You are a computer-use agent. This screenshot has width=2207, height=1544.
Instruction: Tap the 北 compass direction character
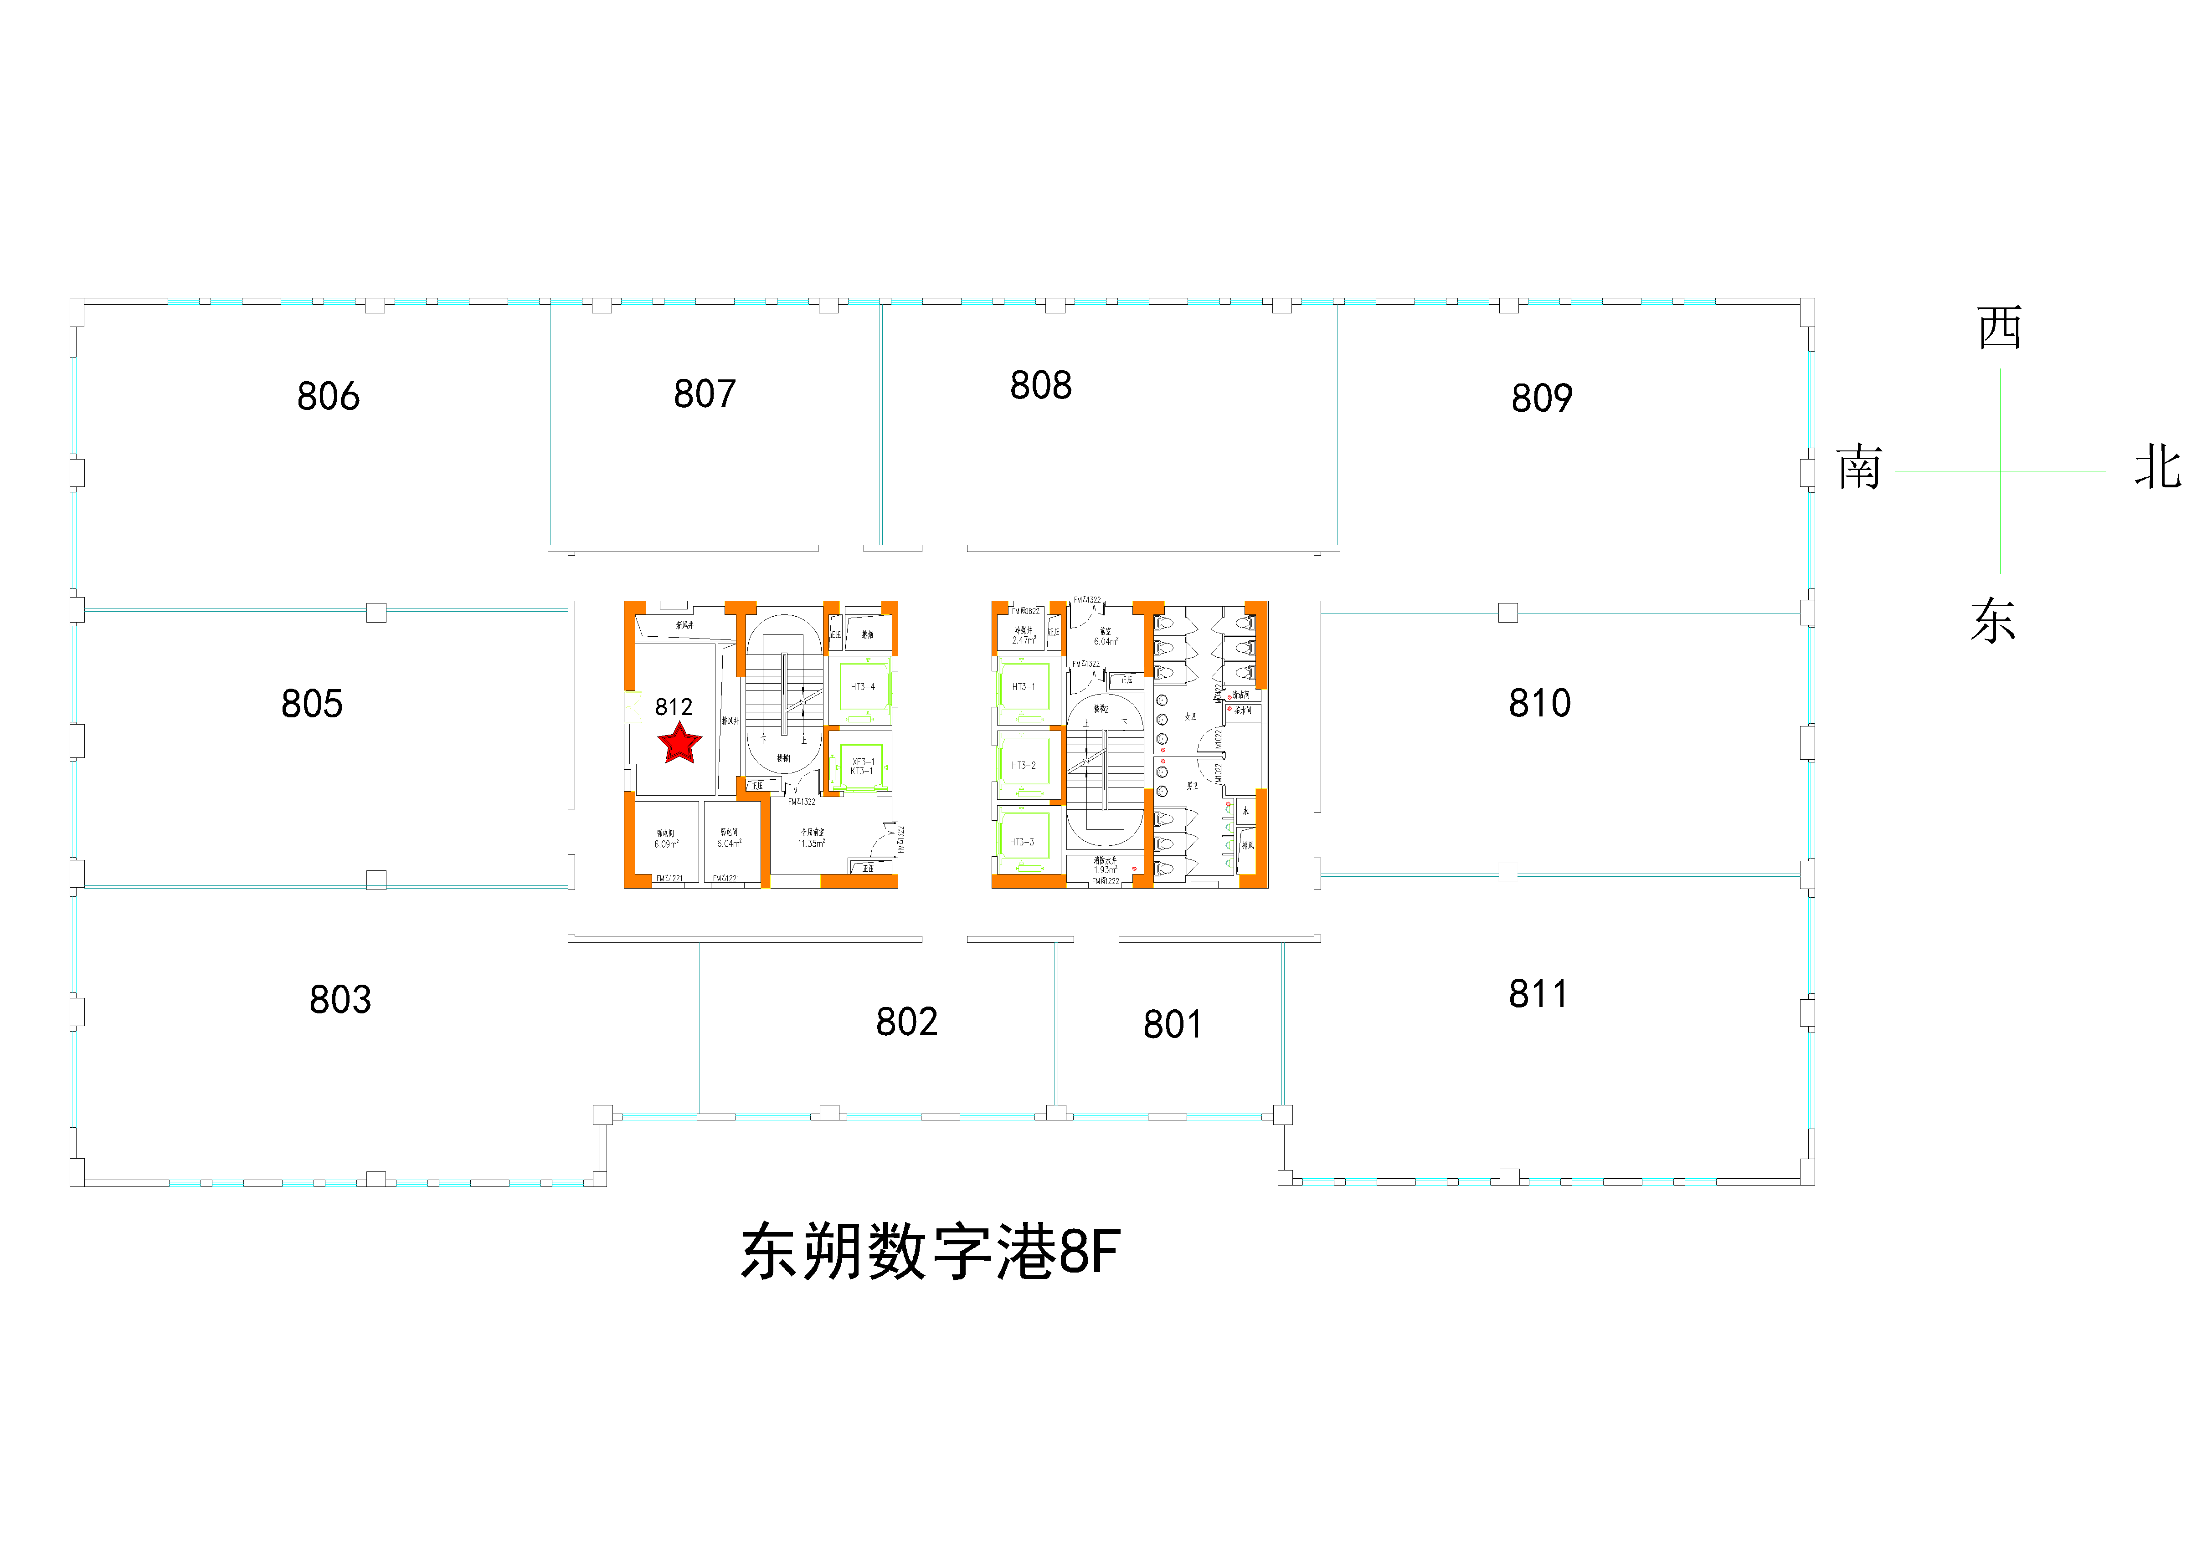click(2157, 468)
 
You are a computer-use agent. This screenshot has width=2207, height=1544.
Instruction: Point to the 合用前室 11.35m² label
click(811, 838)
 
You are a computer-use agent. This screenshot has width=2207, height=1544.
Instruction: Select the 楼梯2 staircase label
click(1101, 709)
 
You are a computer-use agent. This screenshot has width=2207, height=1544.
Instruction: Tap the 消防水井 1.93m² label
click(1106, 866)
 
